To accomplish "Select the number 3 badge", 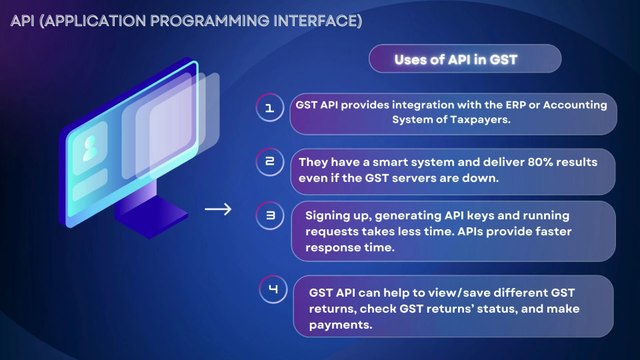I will [x=269, y=215].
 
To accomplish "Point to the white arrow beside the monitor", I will [x=217, y=210].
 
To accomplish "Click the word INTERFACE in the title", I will [x=307, y=20].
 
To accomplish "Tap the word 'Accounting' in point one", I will [x=581, y=104].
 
